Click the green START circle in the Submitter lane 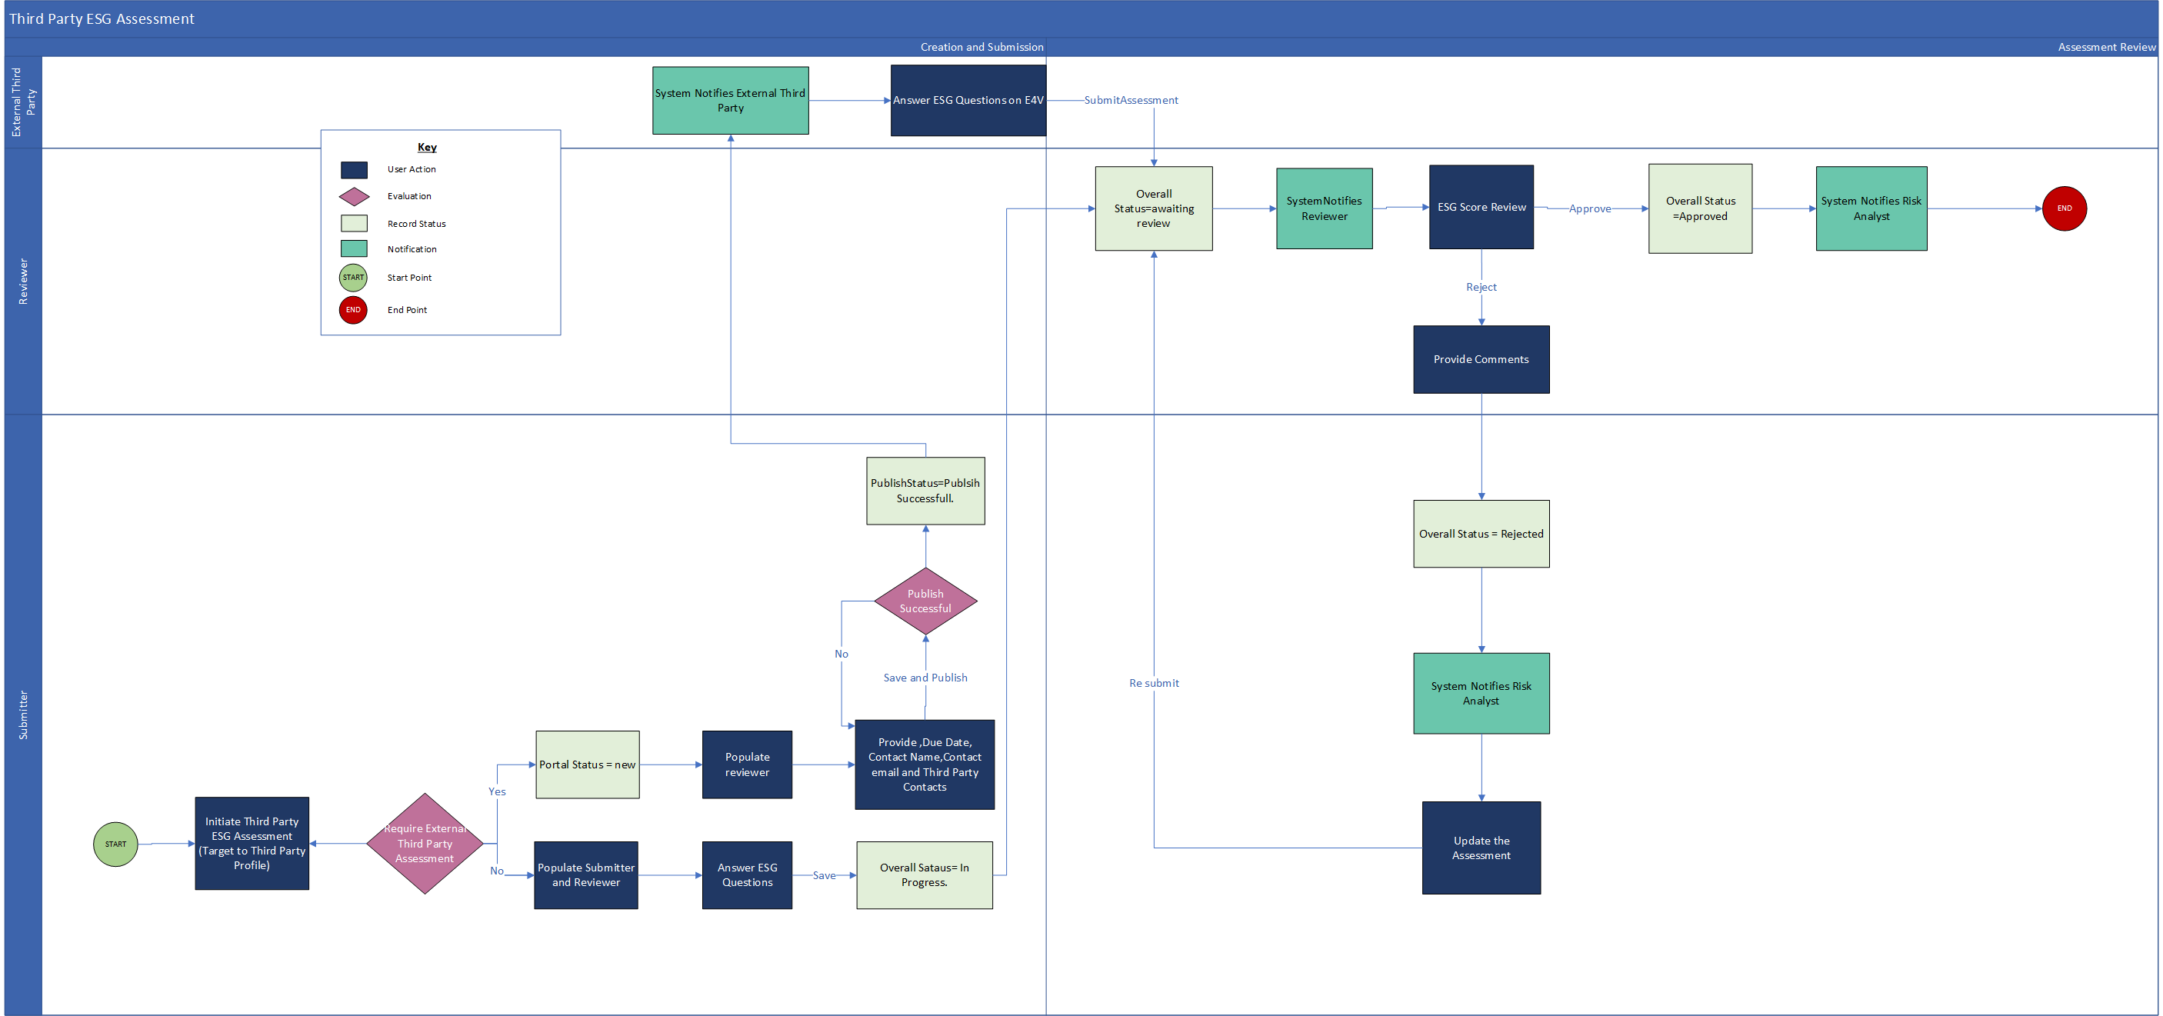115,844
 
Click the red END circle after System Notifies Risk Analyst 2063,208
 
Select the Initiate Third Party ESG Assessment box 252,843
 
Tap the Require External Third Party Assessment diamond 425,843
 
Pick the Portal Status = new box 587,764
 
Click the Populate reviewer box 746,764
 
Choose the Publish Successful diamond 925,601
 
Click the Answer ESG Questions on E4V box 968,100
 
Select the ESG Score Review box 1481,208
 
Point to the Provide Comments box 1481,359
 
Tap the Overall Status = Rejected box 1481,534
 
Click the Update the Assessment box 1481,848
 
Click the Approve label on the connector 1589,209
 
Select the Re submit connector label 1154,684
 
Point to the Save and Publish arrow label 925,678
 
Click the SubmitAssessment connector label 1130,100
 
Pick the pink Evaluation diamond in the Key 354,196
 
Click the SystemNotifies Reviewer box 1323,208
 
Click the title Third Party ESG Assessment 102,18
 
